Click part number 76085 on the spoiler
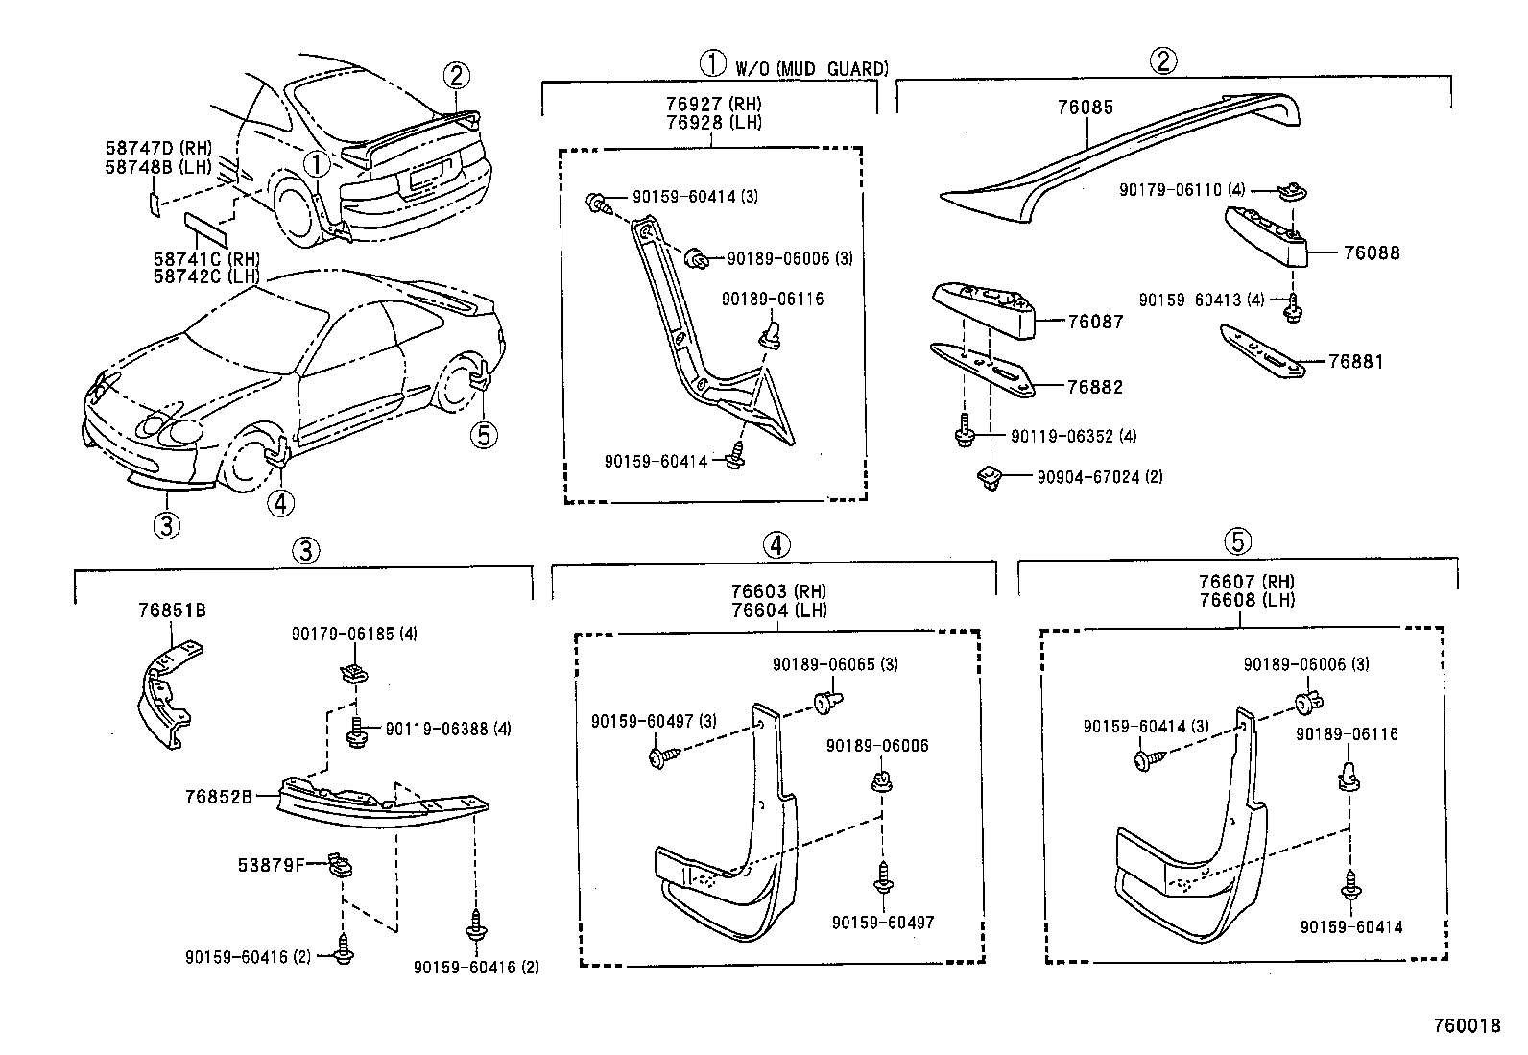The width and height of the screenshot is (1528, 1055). (x=1086, y=108)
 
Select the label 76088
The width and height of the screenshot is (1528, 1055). (x=1372, y=253)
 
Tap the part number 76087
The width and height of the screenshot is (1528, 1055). (x=1095, y=322)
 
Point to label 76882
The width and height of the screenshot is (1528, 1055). (x=1095, y=387)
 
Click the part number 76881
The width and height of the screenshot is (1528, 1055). (x=1356, y=362)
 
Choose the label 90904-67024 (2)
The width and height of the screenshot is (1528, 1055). (x=1099, y=476)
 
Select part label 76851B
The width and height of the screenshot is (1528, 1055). (x=172, y=611)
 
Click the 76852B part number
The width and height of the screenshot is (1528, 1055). (x=219, y=796)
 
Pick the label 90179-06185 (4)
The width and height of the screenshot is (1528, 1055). (x=354, y=634)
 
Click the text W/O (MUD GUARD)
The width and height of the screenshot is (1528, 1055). (x=812, y=68)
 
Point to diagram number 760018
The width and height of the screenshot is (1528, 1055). (x=1466, y=1025)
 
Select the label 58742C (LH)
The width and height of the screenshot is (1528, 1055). (x=206, y=276)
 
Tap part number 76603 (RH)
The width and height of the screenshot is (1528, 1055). (x=777, y=591)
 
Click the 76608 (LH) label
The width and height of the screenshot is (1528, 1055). (x=1246, y=600)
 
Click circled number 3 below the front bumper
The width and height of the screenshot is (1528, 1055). (x=166, y=524)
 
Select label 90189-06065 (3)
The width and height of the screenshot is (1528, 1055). (x=836, y=664)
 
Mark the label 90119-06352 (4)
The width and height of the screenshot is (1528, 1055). (x=1073, y=436)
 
